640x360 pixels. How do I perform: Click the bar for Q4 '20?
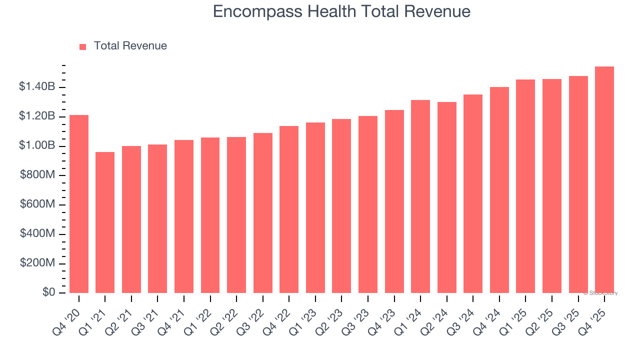(x=79, y=204)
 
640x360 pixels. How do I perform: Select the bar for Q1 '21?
(x=105, y=222)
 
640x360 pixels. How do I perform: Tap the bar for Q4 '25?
(x=604, y=180)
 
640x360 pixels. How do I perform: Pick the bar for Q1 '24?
(x=420, y=196)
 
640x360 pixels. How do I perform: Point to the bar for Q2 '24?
(x=446, y=197)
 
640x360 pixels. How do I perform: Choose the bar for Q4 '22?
(x=289, y=209)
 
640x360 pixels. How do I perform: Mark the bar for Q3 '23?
(x=368, y=204)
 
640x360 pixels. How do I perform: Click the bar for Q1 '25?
(x=525, y=186)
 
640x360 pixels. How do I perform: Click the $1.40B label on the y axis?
(x=37, y=87)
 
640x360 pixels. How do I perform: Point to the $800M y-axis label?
(x=37, y=175)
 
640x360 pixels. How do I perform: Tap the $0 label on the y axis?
(x=48, y=292)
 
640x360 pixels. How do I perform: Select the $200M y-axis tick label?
(x=37, y=263)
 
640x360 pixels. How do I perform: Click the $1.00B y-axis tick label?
(x=37, y=146)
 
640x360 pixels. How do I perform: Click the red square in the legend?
(x=83, y=46)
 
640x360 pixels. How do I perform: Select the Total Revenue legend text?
(x=130, y=46)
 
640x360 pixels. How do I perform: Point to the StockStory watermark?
(x=600, y=293)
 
